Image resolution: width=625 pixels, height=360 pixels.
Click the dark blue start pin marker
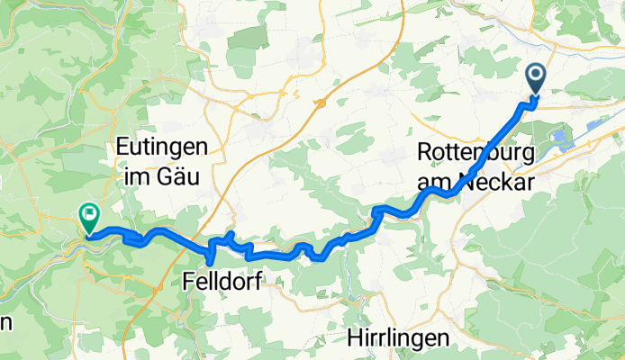(x=535, y=80)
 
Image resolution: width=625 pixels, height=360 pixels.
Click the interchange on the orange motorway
(x=319, y=103)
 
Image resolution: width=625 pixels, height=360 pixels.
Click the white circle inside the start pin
(x=535, y=76)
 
